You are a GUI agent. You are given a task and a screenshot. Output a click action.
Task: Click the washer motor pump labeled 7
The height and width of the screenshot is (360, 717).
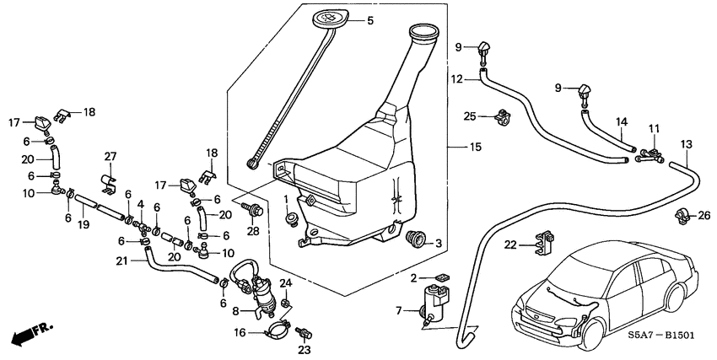(435, 303)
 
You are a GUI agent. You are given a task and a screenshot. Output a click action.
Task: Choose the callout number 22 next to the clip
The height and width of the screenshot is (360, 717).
(510, 245)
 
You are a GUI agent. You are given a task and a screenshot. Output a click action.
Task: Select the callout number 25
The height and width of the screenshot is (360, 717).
(471, 116)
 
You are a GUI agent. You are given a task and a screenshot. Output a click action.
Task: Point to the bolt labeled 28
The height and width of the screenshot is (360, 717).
(252, 207)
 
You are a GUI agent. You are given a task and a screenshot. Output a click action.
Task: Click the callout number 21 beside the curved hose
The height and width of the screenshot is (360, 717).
(122, 261)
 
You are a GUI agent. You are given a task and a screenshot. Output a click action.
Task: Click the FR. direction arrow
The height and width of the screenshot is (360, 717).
(27, 335)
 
